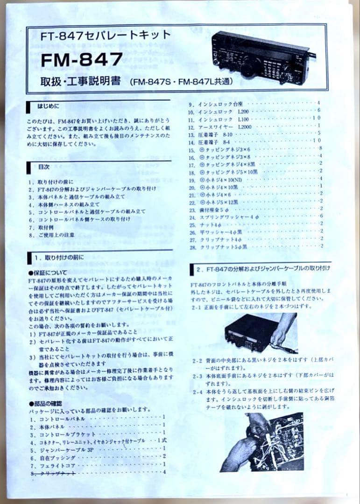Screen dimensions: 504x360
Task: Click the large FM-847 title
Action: click(x=82, y=59)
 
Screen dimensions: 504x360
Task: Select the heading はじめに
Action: click(x=49, y=106)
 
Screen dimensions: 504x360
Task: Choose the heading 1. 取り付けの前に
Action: click(x=58, y=257)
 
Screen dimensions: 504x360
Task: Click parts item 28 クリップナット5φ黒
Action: click(x=224, y=246)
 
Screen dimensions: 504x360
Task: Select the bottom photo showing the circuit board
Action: click(x=262, y=441)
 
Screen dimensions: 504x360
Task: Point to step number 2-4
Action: click(x=197, y=392)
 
